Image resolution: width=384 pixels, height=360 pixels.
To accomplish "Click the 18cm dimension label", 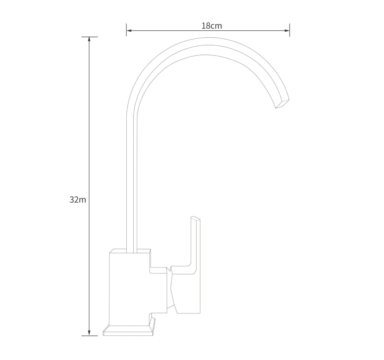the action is click(x=212, y=26).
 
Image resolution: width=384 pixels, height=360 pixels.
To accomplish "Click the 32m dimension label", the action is click(x=78, y=199).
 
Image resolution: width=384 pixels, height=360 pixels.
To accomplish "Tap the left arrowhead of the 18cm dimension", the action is click(x=129, y=31).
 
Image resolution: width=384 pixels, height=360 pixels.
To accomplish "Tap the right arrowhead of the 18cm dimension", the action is click(x=287, y=31).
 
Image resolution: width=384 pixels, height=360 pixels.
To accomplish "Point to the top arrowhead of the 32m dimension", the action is click(x=89, y=40).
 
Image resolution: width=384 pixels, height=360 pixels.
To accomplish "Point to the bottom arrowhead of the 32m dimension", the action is click(x=89, y=333).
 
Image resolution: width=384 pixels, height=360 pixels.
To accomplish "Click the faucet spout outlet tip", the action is click(x=282, y=104).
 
